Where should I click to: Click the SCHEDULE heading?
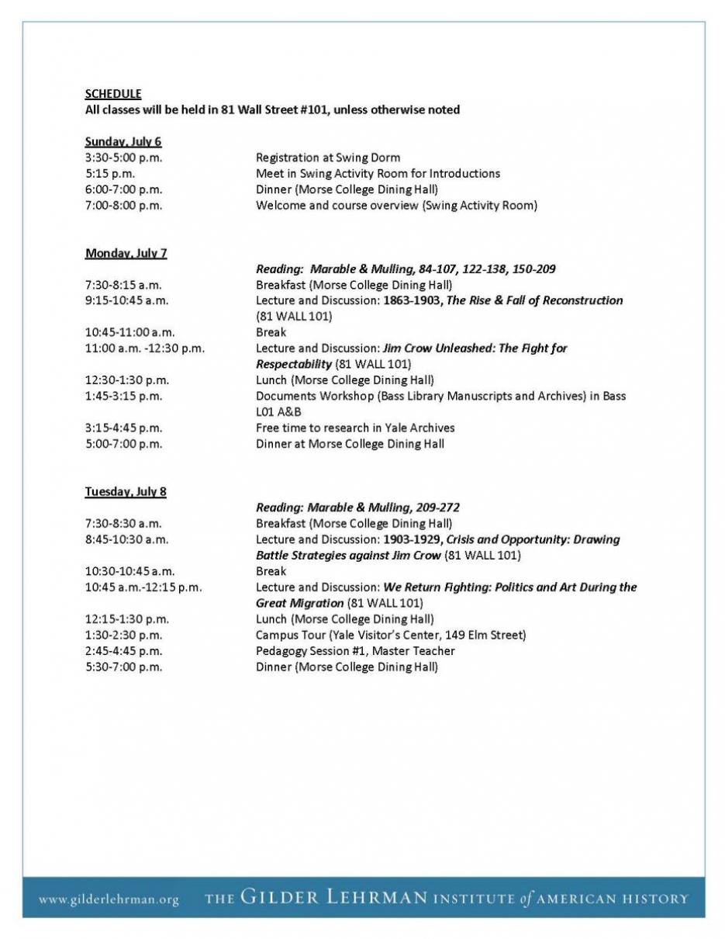[112, 94]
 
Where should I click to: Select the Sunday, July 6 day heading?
[123, 142]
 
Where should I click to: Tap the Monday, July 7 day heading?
[126, 253]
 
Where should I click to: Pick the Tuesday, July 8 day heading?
[126, 492]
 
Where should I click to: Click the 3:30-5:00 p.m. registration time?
[123, 158]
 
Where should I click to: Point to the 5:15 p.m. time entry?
[109, 174]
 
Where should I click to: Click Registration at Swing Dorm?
[328, 158]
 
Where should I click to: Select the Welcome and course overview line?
[396, 206]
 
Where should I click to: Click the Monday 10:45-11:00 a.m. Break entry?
[271, 332]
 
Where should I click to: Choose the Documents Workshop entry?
[440, 396]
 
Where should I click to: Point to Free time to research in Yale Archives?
[355, 428]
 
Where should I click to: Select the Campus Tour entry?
[391, 635]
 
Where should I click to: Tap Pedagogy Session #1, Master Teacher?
[355, 651]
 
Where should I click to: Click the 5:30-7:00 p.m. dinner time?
[123, 667]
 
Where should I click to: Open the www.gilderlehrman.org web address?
[109, 900]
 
